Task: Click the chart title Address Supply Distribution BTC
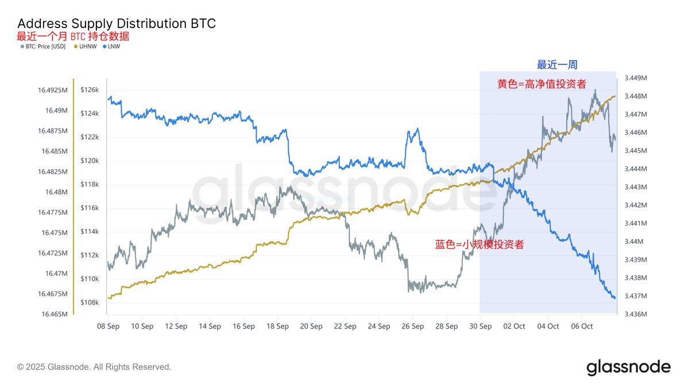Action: click(x=117, y=24)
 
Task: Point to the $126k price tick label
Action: click(x=89, y=90)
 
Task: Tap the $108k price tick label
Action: click(x=89, y=302)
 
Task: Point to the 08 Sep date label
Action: click(x=109, y=326)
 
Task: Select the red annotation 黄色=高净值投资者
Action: click(x=541, y=84)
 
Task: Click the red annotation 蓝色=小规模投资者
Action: click(x=479, y=244)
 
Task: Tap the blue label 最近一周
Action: click(x=553, y=64)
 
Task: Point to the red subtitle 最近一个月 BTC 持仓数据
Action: click(x=73, y=36)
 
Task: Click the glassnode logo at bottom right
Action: click(x=628, y=367)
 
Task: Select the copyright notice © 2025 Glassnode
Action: click(x=94, y=367)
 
